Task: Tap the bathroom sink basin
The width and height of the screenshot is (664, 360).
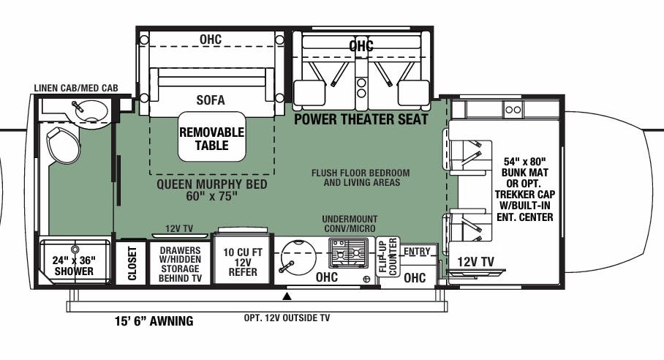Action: (87, 111)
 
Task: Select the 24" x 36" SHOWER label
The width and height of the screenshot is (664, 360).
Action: (73, 265)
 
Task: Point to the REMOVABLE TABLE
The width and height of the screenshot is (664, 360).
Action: (212, 138)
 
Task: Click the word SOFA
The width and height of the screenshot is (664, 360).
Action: (210, 100)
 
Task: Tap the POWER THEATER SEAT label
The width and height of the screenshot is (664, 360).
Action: (361, 119)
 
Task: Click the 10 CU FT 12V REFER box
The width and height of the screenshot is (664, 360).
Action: (241, 260)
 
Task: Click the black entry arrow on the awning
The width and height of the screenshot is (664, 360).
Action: (287, 296)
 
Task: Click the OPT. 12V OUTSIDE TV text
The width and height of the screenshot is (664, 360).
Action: (287, 318)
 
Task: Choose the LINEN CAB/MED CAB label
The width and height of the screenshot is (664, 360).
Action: (75, 88)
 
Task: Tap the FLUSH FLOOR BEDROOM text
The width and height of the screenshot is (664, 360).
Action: (360, 173)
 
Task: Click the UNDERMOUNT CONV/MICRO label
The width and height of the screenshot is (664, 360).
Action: (350, 224)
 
